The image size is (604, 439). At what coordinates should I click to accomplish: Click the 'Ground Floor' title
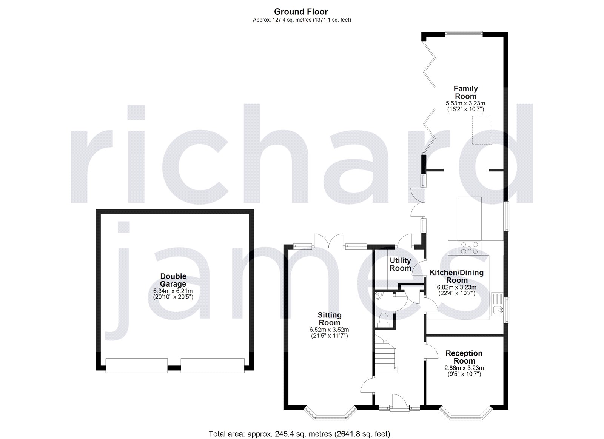tap(301, 12)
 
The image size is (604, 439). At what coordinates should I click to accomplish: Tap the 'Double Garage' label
tap(173, 280)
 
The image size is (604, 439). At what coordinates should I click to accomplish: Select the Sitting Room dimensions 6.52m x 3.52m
tap(329, 330)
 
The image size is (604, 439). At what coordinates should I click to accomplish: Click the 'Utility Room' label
tap(400, 264)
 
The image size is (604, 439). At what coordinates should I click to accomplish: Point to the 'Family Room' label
tap(465, 92)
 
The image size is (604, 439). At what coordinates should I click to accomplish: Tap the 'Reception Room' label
tap(464, 357)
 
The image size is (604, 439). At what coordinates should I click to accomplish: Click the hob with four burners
tap(468, 248)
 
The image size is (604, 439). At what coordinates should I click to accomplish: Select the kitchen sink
tap(498, 307)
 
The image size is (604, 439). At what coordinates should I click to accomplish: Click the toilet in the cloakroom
tap(385, 319)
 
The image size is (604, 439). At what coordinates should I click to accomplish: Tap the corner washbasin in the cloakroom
tap(379, 296)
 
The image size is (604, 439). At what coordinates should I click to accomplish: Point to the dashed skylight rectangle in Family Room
tap(482, 130)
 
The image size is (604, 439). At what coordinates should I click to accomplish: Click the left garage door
tap(136, 365)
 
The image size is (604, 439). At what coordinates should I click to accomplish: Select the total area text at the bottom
tap(299, 434)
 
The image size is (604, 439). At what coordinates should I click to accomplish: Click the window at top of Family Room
tap(463, 34)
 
